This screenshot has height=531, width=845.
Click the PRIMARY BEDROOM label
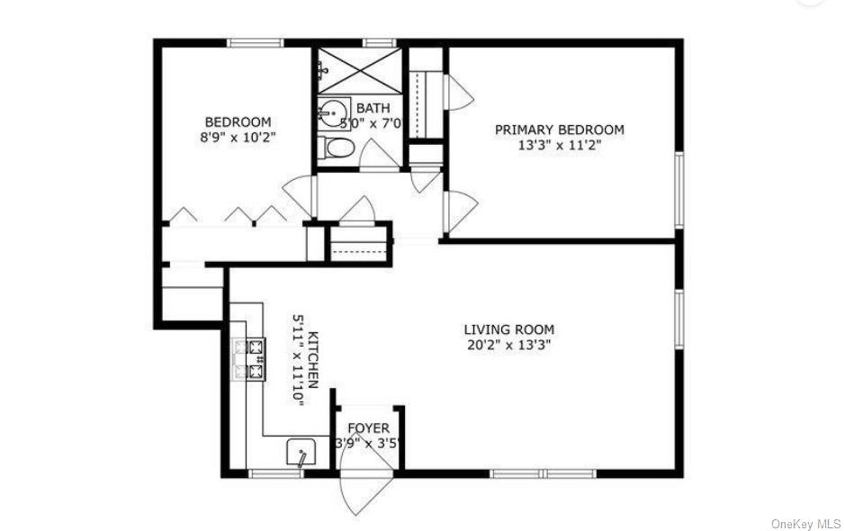tap(559, 130)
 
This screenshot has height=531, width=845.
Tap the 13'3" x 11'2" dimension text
tap(559, 145)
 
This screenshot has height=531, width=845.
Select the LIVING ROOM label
tap(508, 329)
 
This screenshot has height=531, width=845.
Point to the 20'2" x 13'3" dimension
tap(508, 345)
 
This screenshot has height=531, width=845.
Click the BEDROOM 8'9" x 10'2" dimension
tap(238, 138)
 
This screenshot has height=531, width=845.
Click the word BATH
tap(372, 107)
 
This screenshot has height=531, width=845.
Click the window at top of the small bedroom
tap(256, 42)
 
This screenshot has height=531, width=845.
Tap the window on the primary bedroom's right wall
tap(679, 190)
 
